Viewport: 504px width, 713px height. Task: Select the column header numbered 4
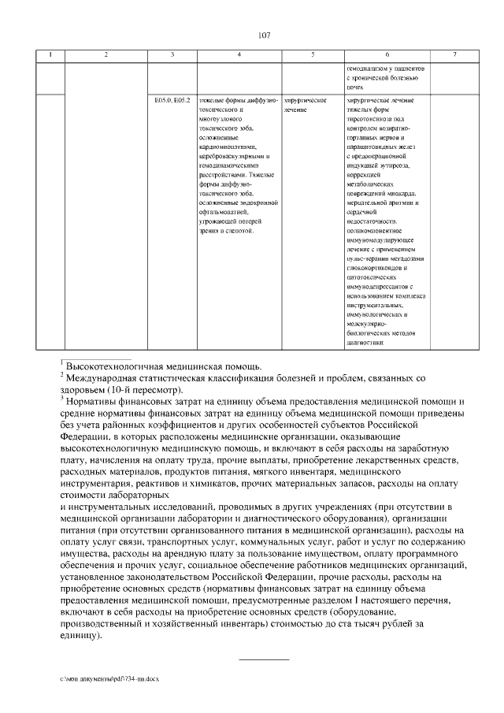239,54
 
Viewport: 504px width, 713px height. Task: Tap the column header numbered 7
454,54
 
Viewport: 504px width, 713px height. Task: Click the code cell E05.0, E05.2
172,102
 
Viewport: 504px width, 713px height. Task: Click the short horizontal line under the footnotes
264,658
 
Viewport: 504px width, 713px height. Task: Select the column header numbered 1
51,54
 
